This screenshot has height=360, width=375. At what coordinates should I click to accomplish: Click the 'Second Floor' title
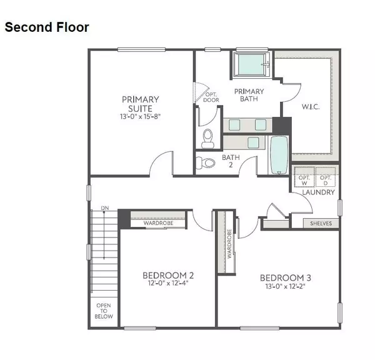[47, 27]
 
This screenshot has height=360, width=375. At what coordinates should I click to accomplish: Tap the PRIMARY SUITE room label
[140, 103]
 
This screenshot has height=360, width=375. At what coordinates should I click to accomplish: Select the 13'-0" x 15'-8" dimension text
[140, 116]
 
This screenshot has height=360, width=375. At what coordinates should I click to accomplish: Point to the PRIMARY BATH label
[249, 95]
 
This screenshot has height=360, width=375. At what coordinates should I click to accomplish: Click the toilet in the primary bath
[209, 136]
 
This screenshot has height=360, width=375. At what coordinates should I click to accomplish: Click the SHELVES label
[321, 223]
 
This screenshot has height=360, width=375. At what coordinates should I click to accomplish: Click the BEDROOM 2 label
[167, 275]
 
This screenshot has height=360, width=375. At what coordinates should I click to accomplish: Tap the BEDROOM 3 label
[285, 277]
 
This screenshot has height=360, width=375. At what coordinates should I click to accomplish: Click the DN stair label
[105, 208]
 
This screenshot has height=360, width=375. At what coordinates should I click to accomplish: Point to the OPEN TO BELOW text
[104, 311]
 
